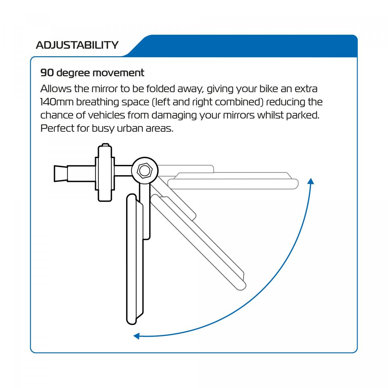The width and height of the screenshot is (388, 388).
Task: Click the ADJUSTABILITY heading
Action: [77, 45]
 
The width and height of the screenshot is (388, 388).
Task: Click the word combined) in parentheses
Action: [239, 102]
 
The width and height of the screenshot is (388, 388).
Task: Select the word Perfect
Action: [57, 128]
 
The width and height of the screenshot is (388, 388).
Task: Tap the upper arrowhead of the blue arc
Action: [311, 181]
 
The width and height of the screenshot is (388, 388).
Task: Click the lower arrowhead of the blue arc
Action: [136, 336]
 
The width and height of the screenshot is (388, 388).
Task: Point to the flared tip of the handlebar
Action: [60, 173]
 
